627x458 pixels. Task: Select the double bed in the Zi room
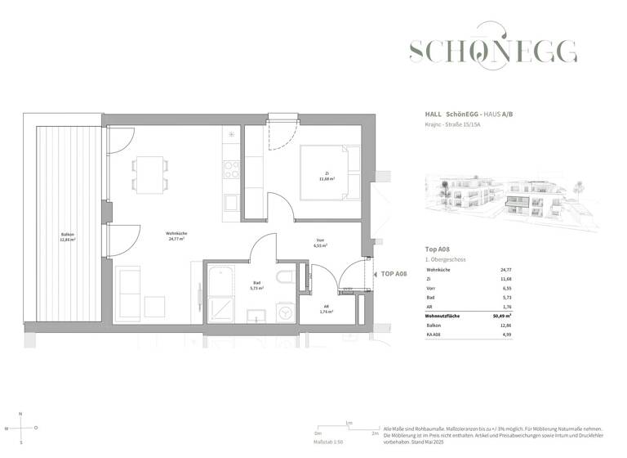pyautogui.click(x=329, y=173)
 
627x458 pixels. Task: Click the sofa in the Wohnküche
pyautogui.click(x=130, y=290)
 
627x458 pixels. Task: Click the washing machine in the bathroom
pyautogui.click(x=286, y=312)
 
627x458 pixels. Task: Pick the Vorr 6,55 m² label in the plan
pyautogui.click(x=320, y=244)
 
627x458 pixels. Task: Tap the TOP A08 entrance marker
pyautogui.click(x=392, y=274)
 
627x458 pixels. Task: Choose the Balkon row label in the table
pyautogui.click(x=434, y=325)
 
